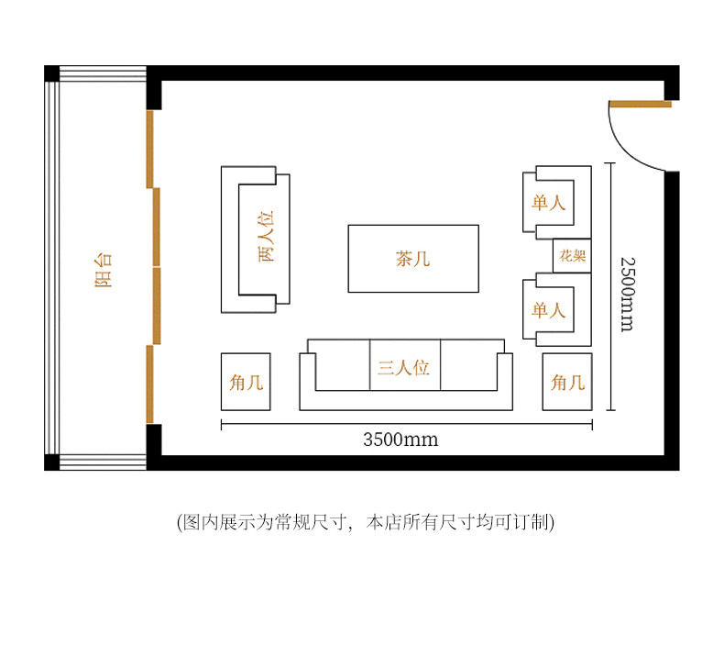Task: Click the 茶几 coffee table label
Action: (412, 260)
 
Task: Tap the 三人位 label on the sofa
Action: (404, 368)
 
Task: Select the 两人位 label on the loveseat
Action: (266, 237)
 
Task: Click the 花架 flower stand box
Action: (573, 256)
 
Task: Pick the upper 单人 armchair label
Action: (548, 203)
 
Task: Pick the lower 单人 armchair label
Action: (548, 310)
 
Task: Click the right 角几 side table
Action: (567, 382)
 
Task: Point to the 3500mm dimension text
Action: (400, 440)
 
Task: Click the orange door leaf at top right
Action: (641, 104)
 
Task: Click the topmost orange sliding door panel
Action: (149, 149)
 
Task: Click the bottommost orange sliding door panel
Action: (149, 384)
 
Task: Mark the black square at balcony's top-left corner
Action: (51, 73)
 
